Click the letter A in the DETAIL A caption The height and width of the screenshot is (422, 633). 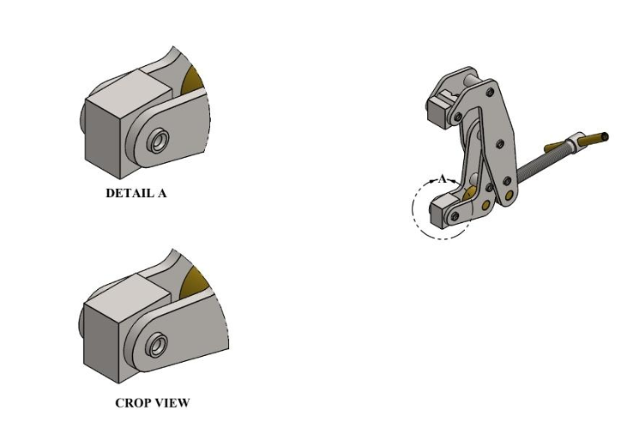pyautogui.click(x=162, y=193)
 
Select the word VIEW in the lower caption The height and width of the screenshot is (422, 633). pyautogui.click(x=172, y=402)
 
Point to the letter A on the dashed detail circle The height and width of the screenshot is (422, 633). pyautogui.click(x=442, y=179)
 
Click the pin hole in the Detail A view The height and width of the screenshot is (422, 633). pyautogui.click(x=158, y=140)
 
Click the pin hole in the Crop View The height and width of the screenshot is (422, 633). pyautogui.click(x=157, y=346)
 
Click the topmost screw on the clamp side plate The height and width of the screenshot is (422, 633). pyautogui.click(x=490, y=91)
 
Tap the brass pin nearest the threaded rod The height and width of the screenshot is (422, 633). pyautogui.click(x=510, y=196)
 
